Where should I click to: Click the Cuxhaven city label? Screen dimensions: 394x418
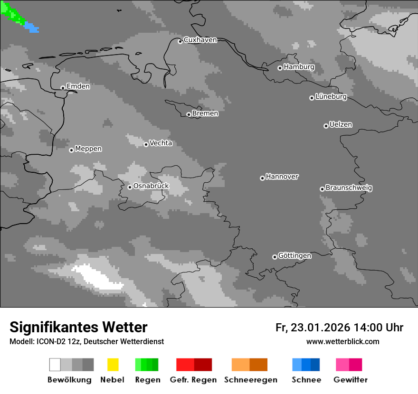click(x=200, y=40)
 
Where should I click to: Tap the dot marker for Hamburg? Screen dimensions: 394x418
click(x=280, y=68)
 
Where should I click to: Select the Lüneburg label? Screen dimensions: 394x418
click(x=331, y=97)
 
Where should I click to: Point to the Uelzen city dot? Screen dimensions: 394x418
click(x=326, y=126)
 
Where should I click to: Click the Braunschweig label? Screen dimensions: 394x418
click(x=349, y=188)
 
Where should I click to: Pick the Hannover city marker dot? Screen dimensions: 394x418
click(x=262, y=178)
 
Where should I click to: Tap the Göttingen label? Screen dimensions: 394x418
click(x=294, y=256)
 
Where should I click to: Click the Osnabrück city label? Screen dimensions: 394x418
click(x=151, y=186)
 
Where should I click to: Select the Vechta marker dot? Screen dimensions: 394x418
click(x=146, y=144)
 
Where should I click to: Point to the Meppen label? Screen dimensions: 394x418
click(x=88, y=149)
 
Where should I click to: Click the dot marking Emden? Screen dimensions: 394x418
click(x=63, y=87)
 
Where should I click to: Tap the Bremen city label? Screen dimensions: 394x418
click(x=205, y=113)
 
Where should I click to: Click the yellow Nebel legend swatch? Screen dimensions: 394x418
click(x=113, y=365)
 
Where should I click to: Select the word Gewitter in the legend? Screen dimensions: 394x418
click(x=351, y=380)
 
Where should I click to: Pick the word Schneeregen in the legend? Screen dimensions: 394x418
click(x=251, y=380)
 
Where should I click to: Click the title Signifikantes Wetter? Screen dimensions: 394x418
click(x=78, y=327)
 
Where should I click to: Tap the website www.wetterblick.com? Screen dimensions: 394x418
click(x=342, y=341)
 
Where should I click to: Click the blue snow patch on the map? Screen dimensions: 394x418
click(x=31, y=28)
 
